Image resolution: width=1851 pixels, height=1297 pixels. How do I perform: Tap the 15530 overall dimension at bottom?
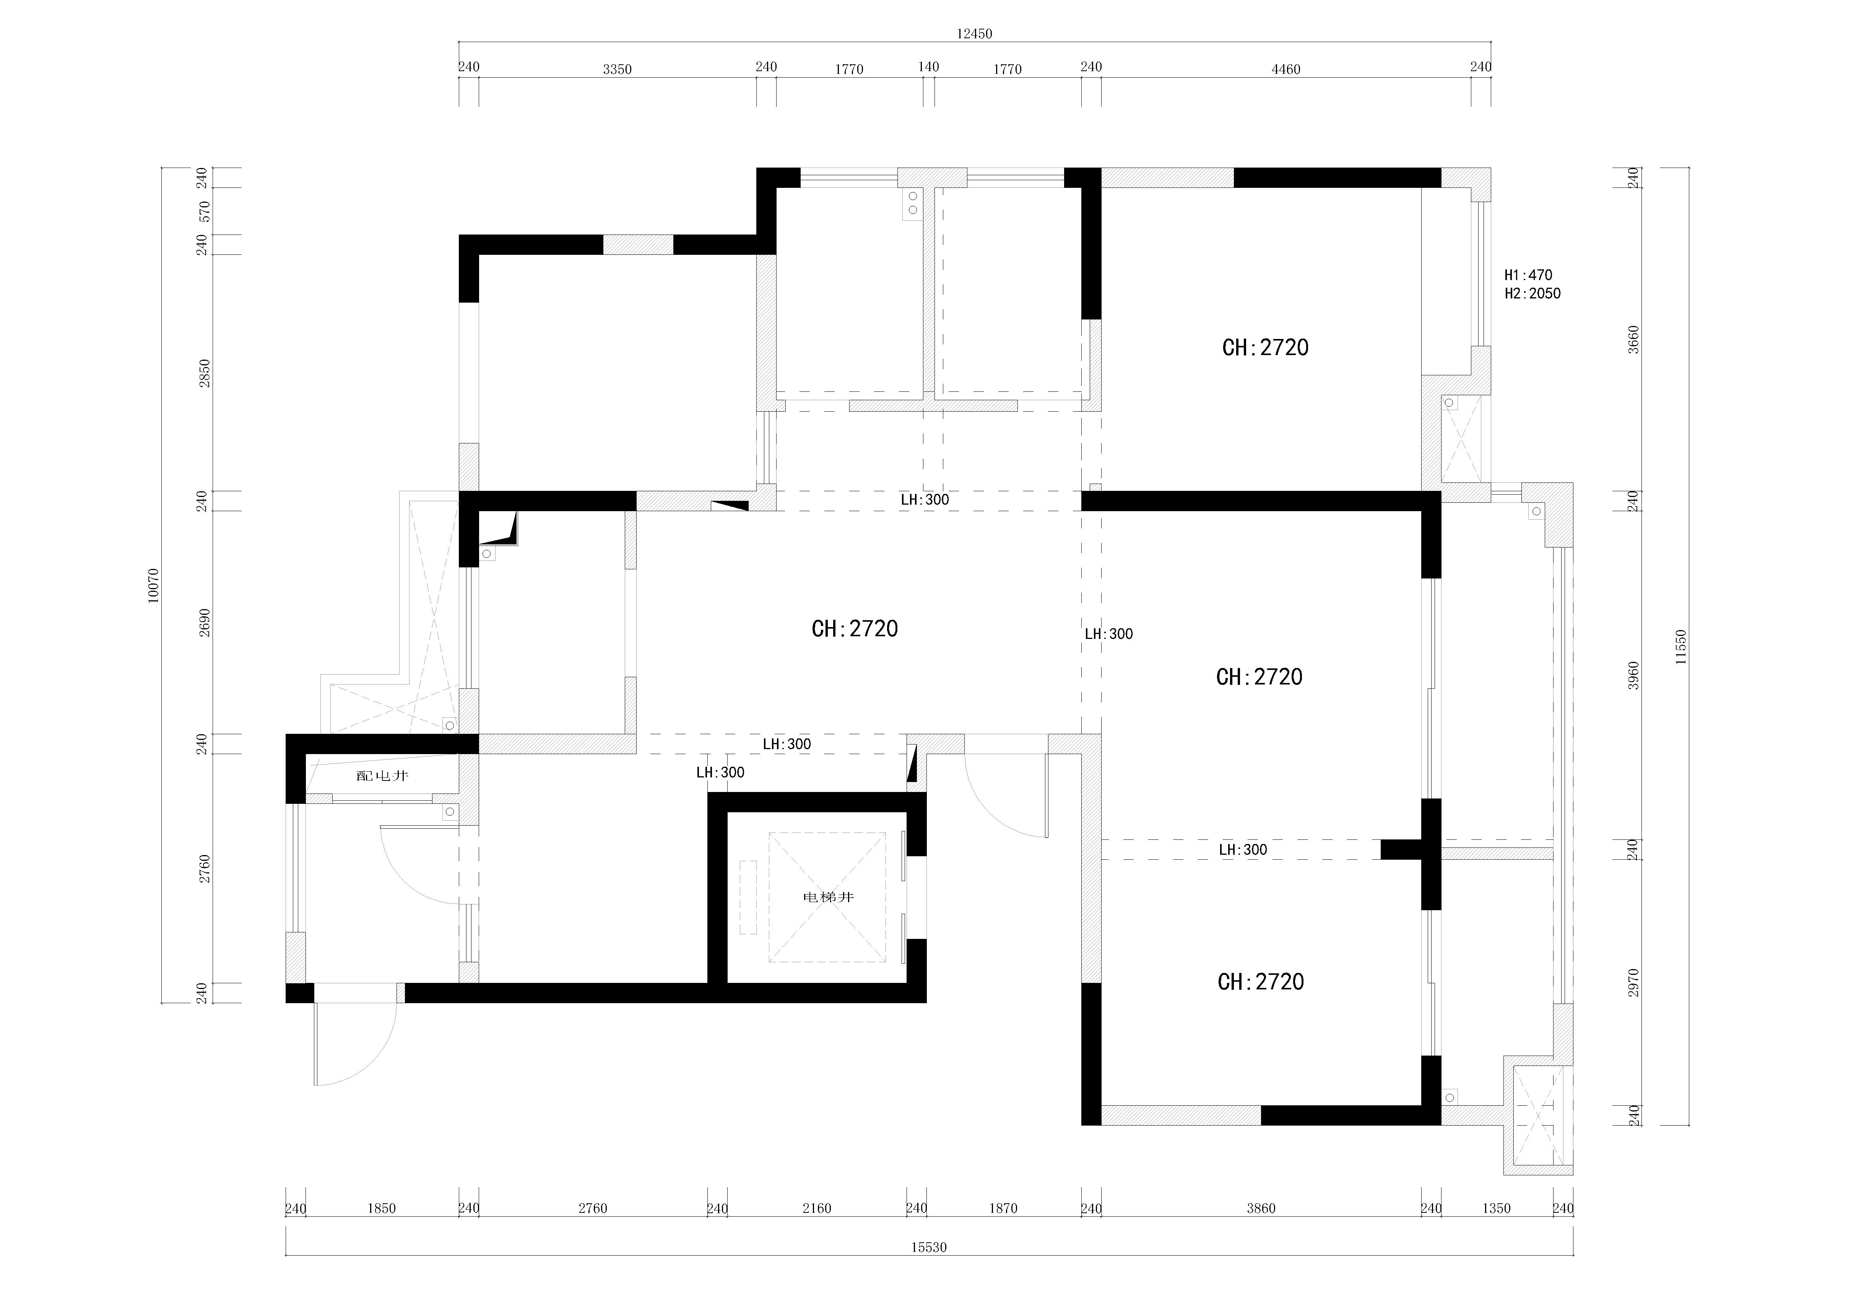coord(929,1247)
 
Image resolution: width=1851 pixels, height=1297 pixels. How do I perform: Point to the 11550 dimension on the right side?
coord(1680,647)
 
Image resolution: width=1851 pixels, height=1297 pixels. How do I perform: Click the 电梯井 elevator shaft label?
coord(828,897)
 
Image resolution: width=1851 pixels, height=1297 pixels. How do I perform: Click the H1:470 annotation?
coord(1528,275)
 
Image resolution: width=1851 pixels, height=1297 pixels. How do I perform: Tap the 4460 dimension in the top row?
coord(1286,69)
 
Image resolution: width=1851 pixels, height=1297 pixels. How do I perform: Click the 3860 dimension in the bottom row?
coord(1261,1208)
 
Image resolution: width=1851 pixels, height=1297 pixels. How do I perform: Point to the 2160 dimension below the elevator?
coord(817,1208)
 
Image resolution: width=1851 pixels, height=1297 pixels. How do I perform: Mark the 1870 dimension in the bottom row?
coord(1003,1208)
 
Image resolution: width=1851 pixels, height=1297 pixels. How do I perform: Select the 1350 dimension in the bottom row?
coord(1496,1208)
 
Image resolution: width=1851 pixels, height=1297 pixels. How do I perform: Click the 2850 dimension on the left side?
coord(205,373)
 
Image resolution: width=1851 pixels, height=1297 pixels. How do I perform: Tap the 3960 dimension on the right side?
coord(1633,675)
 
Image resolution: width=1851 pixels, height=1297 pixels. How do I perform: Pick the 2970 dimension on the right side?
coord(1633,983)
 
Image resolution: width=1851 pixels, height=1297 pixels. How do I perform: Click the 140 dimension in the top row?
coord(929,67)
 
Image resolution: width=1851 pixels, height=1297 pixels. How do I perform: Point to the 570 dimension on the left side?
coord(205,211)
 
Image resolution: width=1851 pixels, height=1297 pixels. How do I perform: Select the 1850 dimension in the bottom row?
coord(381,1208)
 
